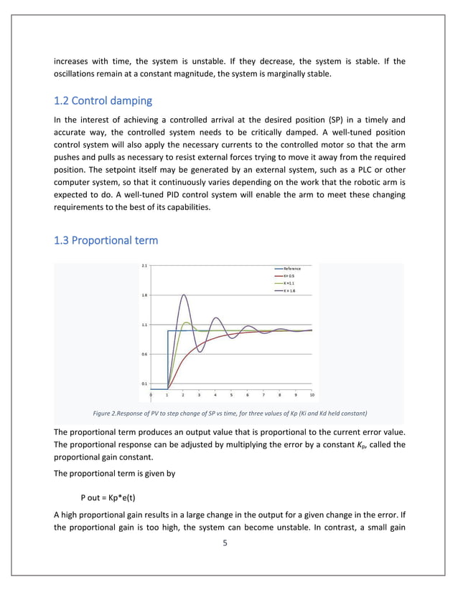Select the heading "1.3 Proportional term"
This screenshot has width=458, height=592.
coord(106,241)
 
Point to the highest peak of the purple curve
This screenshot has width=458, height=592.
coord(184,295)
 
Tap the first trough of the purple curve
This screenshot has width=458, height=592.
coord(200,353)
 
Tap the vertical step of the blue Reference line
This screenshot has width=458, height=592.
coord(167,358)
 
